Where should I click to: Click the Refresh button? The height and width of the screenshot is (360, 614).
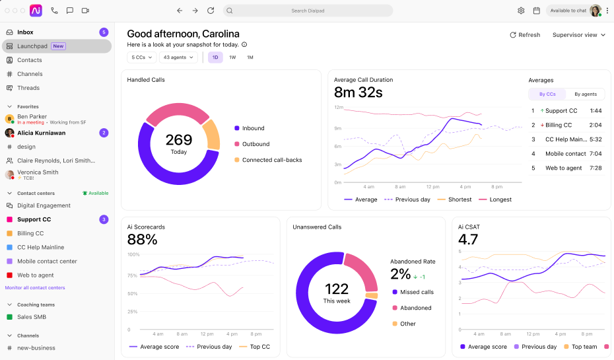click(525, 35)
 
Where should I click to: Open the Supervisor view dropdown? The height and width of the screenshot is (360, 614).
click(579, 35)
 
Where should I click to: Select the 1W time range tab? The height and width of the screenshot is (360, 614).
click(232, 57)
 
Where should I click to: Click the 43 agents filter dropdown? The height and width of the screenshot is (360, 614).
click(178, 57)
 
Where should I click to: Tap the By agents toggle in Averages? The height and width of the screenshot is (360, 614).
click(586, 94)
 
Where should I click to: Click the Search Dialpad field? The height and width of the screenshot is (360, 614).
click(308, 11)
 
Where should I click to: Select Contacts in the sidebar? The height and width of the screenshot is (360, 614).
click(29, 60)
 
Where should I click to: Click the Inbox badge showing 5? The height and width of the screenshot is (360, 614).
click(104, 32)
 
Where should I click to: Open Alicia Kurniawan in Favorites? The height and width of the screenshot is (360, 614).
click(41, 133)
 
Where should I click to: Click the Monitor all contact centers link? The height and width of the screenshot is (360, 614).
click(35, 287)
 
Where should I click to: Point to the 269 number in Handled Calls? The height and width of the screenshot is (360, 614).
click(178, 140)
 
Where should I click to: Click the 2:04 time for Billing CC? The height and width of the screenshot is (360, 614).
click(596, 125)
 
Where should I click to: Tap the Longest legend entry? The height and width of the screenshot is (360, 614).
click(495, 199)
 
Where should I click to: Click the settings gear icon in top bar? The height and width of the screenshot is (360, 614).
click(521, 11)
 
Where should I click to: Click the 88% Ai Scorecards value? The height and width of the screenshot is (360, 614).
click(142, 239)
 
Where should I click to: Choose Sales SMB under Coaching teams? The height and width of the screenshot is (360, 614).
click(31, 317)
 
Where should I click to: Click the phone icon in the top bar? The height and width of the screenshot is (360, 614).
click(54, 11)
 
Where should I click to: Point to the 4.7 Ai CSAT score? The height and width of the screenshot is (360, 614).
click(468, 239)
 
